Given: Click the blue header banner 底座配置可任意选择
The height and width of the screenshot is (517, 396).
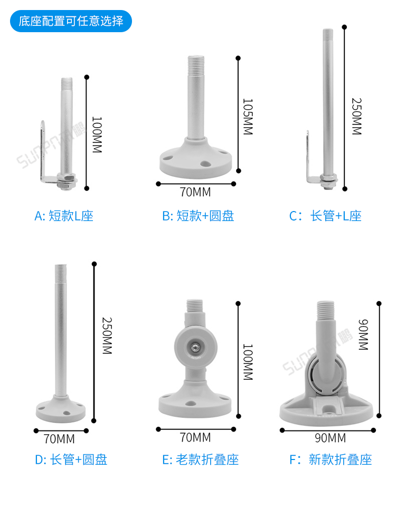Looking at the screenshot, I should (x=71, y=21).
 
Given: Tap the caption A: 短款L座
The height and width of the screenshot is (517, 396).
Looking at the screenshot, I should (x=64, y=216).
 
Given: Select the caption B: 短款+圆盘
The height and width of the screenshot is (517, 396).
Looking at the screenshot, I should (x=198, y=216).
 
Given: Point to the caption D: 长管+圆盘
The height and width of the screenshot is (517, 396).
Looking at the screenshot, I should (x=71, y=459).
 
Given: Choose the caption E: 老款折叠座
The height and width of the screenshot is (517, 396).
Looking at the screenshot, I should (x=200, y=459).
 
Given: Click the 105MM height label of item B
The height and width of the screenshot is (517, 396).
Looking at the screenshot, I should (x=248, y=116).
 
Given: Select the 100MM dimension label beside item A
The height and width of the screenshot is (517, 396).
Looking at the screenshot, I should (x=96, y=135).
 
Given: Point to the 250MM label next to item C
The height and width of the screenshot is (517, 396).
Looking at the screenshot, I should (x=356, y=117).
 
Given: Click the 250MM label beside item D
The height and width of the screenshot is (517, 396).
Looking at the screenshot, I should (x=107, y=336).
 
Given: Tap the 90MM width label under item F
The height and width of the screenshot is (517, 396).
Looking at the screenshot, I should (x=330, y=438).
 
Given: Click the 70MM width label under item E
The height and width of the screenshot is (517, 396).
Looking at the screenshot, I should (x=195, y=437).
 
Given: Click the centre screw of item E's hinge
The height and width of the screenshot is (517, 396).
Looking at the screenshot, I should (x=194, y=347).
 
